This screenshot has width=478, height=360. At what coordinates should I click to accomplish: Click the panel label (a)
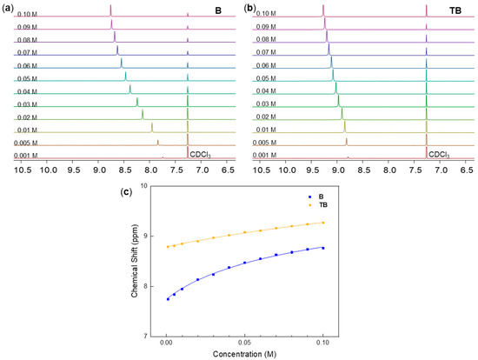8,6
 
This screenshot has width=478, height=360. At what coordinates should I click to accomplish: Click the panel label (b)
249,6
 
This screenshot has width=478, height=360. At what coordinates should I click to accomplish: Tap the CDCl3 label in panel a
200,155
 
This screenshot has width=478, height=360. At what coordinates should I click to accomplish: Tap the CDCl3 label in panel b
441,155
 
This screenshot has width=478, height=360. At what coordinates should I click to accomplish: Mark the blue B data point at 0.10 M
323,248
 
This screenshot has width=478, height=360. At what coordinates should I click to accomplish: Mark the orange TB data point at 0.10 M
323,223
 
